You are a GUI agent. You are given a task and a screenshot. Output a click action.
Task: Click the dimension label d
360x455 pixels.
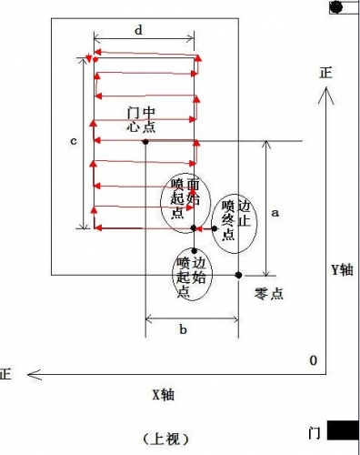click(138, 30)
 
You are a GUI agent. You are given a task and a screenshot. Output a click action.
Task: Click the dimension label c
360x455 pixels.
click(74, 141)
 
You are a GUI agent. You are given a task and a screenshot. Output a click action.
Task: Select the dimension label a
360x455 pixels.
click(275, 213)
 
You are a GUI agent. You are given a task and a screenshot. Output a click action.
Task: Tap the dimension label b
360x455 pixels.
click(183, 329)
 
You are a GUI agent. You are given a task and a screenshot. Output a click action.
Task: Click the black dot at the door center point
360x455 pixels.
click(145, 141)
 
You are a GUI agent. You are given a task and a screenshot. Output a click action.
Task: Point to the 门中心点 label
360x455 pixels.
click(141, 119)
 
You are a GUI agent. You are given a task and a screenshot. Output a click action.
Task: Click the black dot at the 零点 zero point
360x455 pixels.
click(239, 275)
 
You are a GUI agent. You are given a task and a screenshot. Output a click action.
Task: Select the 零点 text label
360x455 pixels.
click(269, 294)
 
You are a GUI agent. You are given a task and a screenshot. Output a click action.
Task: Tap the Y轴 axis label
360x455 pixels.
click(342, 269)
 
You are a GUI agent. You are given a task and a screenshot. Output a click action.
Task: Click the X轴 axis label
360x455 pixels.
click(163, 395)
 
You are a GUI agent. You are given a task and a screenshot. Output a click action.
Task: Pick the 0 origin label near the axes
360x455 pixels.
click(314, 360)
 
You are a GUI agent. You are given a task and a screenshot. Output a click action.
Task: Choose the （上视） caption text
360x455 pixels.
click(165, 439)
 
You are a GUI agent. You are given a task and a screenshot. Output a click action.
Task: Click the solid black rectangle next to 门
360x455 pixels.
click(343, 430)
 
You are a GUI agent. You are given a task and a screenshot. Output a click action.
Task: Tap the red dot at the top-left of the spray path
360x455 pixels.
click(95, 59)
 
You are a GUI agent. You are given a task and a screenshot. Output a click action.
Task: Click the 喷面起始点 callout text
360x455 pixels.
click(185, 198)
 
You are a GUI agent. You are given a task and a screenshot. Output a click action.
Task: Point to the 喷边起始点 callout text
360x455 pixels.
click(192, 277)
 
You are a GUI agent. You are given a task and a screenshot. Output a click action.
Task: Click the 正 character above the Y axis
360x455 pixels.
click(326, 73)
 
